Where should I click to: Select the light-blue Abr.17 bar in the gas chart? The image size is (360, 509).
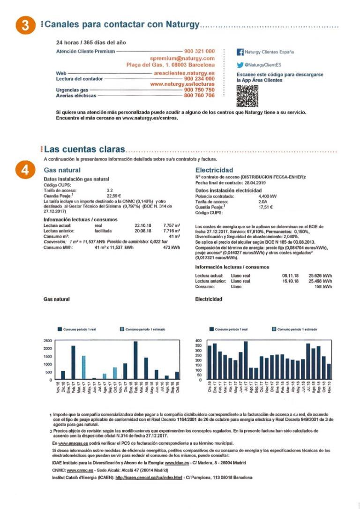(83, 367)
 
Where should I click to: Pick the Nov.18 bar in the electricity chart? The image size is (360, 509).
(329, 371)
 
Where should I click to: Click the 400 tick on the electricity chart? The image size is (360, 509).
(198, 341)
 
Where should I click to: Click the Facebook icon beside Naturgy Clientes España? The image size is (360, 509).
(240, 52)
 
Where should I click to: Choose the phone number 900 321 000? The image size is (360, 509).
(199, 51)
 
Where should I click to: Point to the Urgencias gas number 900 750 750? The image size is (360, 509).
(199, 90)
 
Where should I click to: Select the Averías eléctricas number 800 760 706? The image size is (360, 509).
(199, 96)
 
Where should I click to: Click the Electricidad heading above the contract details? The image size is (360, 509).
(214, 170)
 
